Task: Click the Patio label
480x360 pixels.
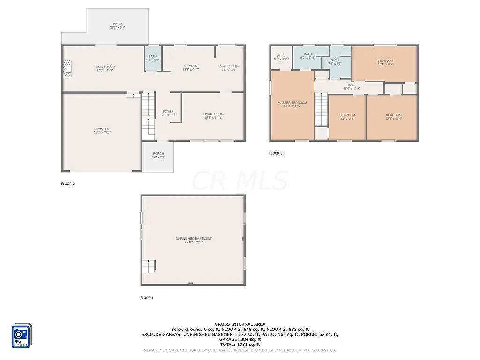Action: [117, 25]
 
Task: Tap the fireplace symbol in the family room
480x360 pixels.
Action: [68, 68]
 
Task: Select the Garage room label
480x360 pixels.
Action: [102, 130]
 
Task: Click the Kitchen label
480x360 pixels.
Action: [191, 68]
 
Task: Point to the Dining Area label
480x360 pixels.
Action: [229, 68]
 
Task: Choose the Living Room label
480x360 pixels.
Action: [213, 116]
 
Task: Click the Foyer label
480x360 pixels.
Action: [168, 113]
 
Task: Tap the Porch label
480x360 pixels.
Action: [158, 156]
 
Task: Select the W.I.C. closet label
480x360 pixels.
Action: [281, 57]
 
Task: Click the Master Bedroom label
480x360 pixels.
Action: [292, 105]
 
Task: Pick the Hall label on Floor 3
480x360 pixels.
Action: [352, 86]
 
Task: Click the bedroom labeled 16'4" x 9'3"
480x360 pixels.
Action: [385, 62]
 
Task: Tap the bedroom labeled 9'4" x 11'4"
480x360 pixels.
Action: [347, 117]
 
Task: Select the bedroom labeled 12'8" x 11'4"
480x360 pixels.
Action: [393, 117]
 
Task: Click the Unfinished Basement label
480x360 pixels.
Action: [194, 240]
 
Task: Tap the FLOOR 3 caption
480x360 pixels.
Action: [276, 153]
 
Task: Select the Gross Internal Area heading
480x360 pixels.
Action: [240, 324]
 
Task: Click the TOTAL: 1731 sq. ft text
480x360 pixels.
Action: [240, 345]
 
